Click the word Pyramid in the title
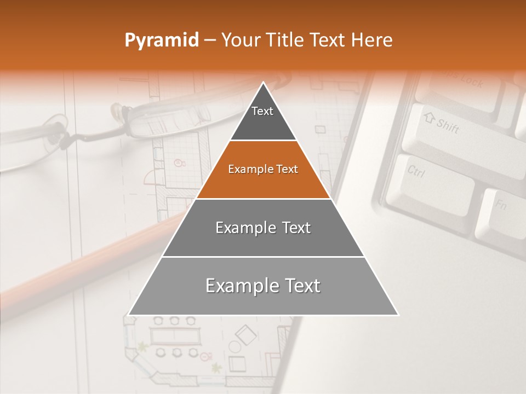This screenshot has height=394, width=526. [x=162, y=40]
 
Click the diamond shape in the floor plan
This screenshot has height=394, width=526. [x=245, y=334]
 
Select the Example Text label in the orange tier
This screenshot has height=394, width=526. [x=263, y=169]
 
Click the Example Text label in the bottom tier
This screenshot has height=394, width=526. [x=263, y=286]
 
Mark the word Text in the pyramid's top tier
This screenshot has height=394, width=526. [x=262, y=111]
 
